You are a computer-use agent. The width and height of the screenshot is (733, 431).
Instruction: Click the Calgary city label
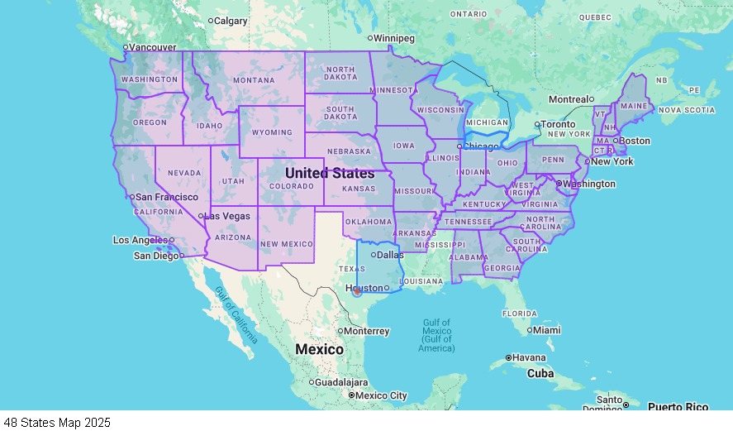click(x=231, y=21)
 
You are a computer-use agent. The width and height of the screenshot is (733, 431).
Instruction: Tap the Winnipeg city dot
click(x=370, y=38)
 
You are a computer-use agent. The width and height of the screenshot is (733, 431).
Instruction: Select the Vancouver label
click(x=153, y=47)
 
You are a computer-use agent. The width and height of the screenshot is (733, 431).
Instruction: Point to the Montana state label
click(x=253, y=80)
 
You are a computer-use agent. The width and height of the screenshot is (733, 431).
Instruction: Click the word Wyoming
click(x=272, y=132)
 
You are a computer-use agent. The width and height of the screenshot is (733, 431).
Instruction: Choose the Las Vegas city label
click(x=226, y=216)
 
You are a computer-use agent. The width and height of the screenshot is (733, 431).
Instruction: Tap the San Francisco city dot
click(x=131, y=197)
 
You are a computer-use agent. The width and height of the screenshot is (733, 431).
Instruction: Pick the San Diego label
click(x=156, y=256)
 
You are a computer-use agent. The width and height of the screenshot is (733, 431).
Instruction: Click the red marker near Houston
click(x=356, y=290)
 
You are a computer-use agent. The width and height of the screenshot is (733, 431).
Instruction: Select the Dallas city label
click(x=389, y=255)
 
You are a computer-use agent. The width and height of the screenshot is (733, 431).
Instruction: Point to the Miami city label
click(x=546, y=330)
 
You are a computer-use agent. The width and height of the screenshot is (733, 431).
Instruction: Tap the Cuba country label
click(x=540, y=373)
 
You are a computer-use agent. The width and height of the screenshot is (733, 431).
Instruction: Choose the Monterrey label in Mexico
click(x=367, y=331)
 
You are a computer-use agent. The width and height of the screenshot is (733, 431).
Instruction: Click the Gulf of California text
click(x=236, y=315)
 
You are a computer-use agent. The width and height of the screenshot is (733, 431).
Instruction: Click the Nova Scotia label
click(x=687, y=110)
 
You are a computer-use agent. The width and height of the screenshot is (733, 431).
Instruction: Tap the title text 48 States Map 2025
click(x=56, y=423)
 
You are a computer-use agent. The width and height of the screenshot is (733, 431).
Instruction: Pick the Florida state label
click(x=520, y=314)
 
